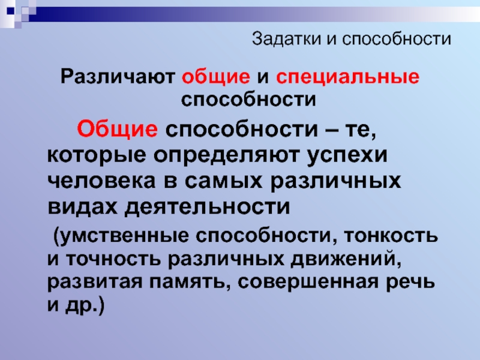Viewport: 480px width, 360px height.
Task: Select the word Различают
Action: (118, 76)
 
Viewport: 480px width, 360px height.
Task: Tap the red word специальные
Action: (348, 77)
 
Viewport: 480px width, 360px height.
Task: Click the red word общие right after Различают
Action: (216, 77)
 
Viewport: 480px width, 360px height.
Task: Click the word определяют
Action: (226, 155)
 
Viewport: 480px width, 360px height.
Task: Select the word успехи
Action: (347, 155)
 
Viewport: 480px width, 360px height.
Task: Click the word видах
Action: (82, 206)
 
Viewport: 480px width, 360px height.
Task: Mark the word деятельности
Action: (207, 206)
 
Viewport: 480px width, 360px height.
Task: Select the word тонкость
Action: (391, 235)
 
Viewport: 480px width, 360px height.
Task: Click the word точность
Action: (113, 259)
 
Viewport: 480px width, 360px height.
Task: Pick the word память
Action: (190, 282)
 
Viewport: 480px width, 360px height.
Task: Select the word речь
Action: (410, 283)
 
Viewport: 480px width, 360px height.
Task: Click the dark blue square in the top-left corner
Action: (10, 11)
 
